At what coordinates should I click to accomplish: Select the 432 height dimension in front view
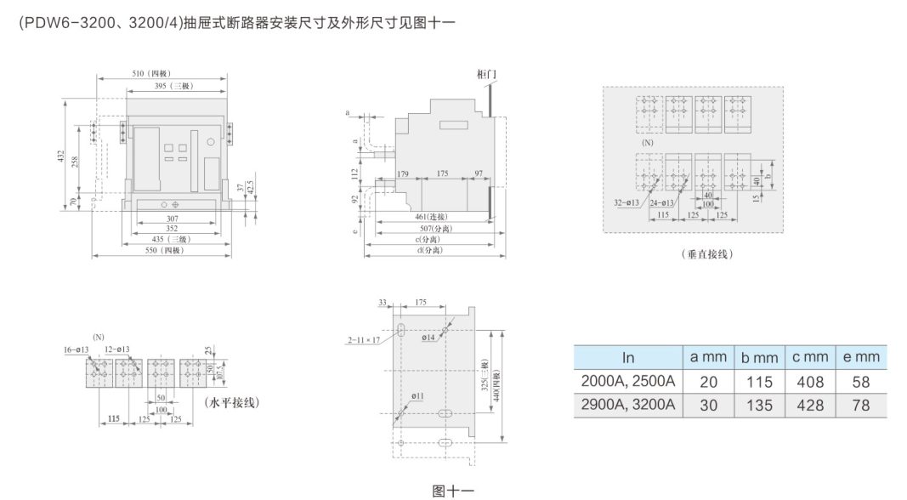click(61, 159)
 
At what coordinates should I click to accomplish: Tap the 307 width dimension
click(172, 218)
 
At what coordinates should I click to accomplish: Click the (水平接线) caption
click(232, 401)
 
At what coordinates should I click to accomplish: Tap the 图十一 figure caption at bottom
click(452, 490)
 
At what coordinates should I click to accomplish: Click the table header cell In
click(628, 357)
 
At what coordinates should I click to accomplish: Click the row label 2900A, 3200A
click(628, 405)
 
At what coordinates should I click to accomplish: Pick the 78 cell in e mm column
click(861, 405)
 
